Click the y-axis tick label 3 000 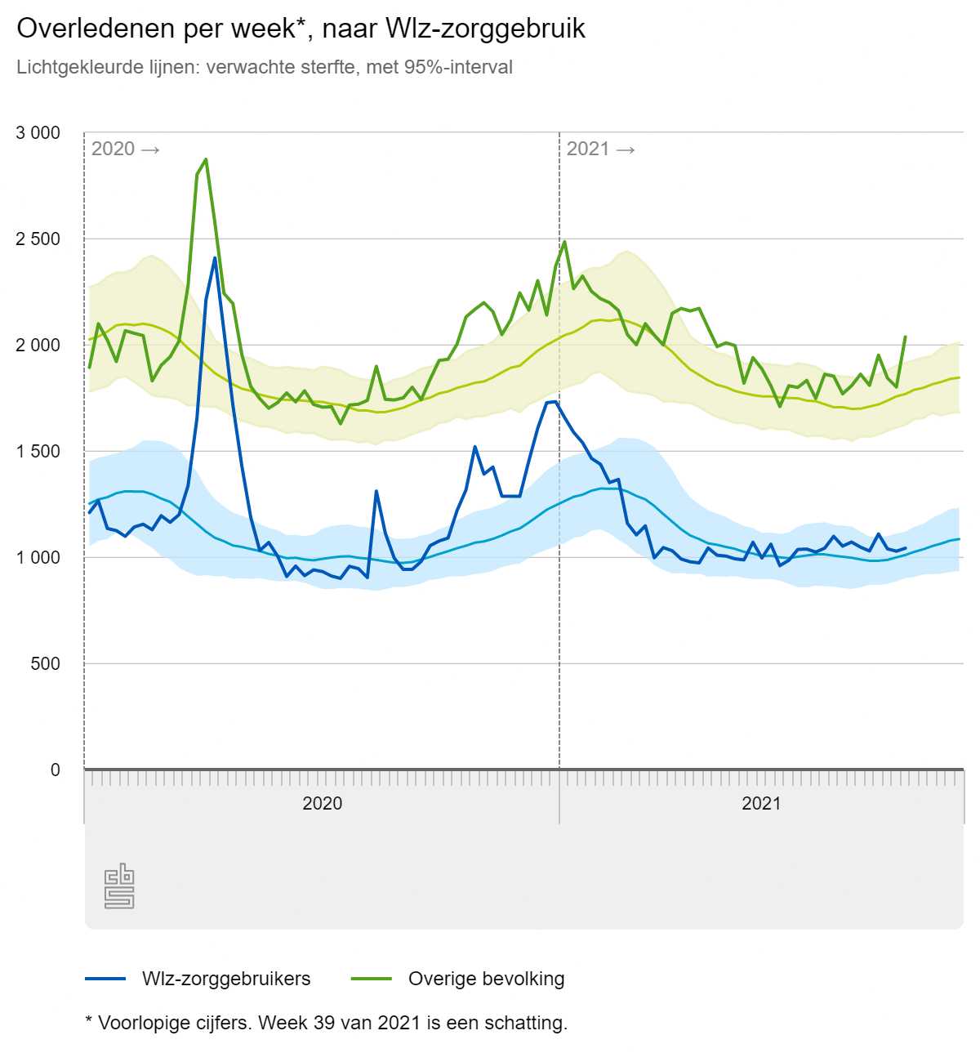click(38, 133)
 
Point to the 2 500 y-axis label click(38, 239)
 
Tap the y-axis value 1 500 click(38, 452)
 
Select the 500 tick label click(46, 664)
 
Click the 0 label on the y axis click(56, 770)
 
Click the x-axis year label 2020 click(323, 804)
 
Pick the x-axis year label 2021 click(761, 804)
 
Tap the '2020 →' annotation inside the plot click(125, 149)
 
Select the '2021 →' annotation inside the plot click(600, 149)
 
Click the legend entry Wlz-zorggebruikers click(226, 979)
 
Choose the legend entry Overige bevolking click(486, 979)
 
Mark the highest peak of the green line click(206, 159)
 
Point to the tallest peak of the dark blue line click(215, 258)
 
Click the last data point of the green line click(905, 337)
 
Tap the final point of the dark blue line click(906, 548)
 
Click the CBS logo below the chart click(119, 886)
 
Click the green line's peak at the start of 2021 click(564, 242)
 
